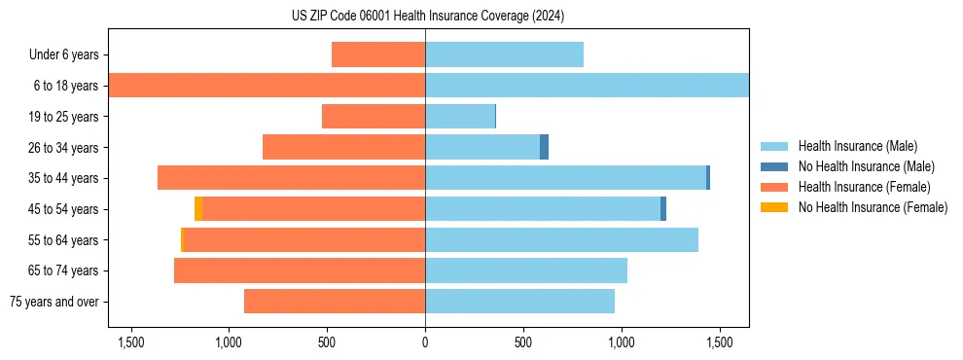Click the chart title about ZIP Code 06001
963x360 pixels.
427,17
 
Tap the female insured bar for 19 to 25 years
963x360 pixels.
374,117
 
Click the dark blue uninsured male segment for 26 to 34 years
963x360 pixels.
545,147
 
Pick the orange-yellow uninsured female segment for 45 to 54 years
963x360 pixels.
198,209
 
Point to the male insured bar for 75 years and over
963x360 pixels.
519,302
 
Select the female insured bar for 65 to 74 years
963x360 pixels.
300,270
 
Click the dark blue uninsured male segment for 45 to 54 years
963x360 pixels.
663,209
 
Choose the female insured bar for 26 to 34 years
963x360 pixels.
343,147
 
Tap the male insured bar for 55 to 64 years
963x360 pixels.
561,239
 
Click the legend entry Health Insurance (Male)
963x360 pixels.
857,146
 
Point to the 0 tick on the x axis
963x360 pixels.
425,342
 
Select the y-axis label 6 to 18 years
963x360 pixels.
66,86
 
